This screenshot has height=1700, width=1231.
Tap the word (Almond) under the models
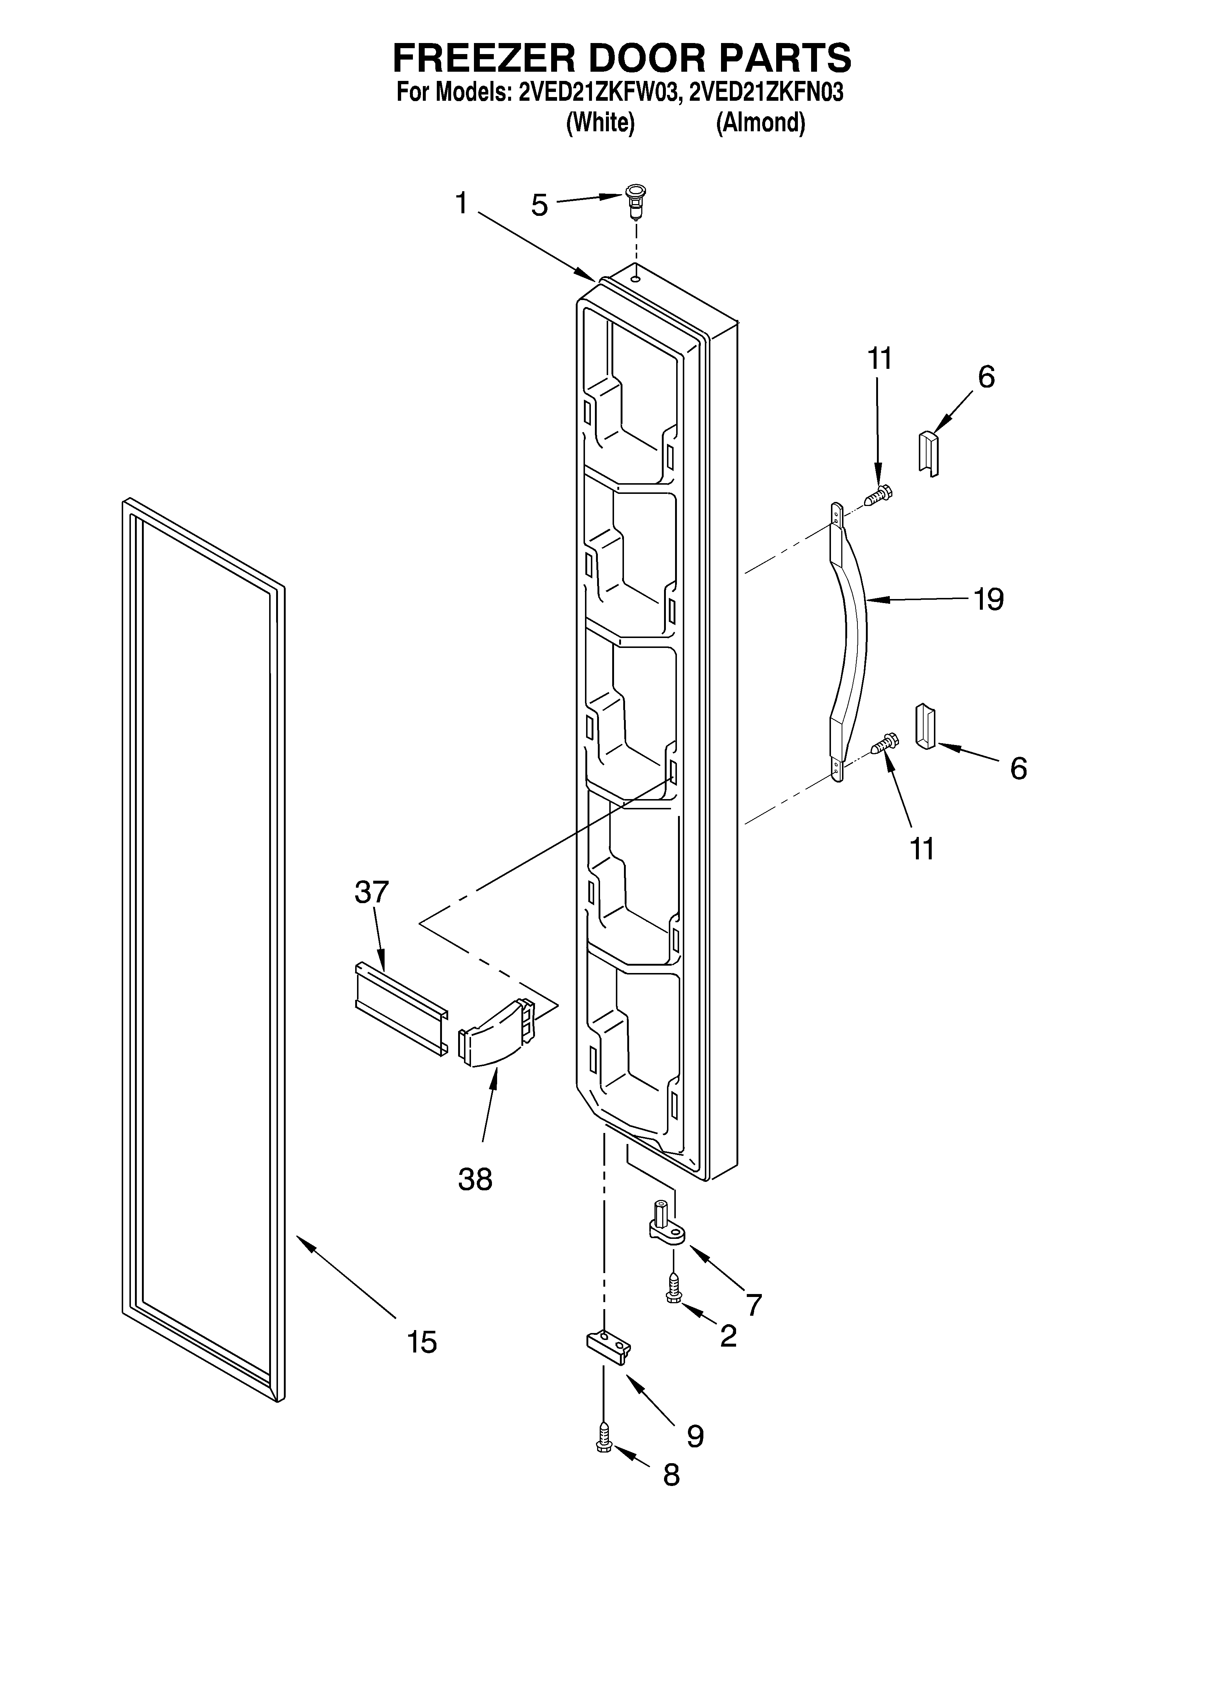(760, 122)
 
